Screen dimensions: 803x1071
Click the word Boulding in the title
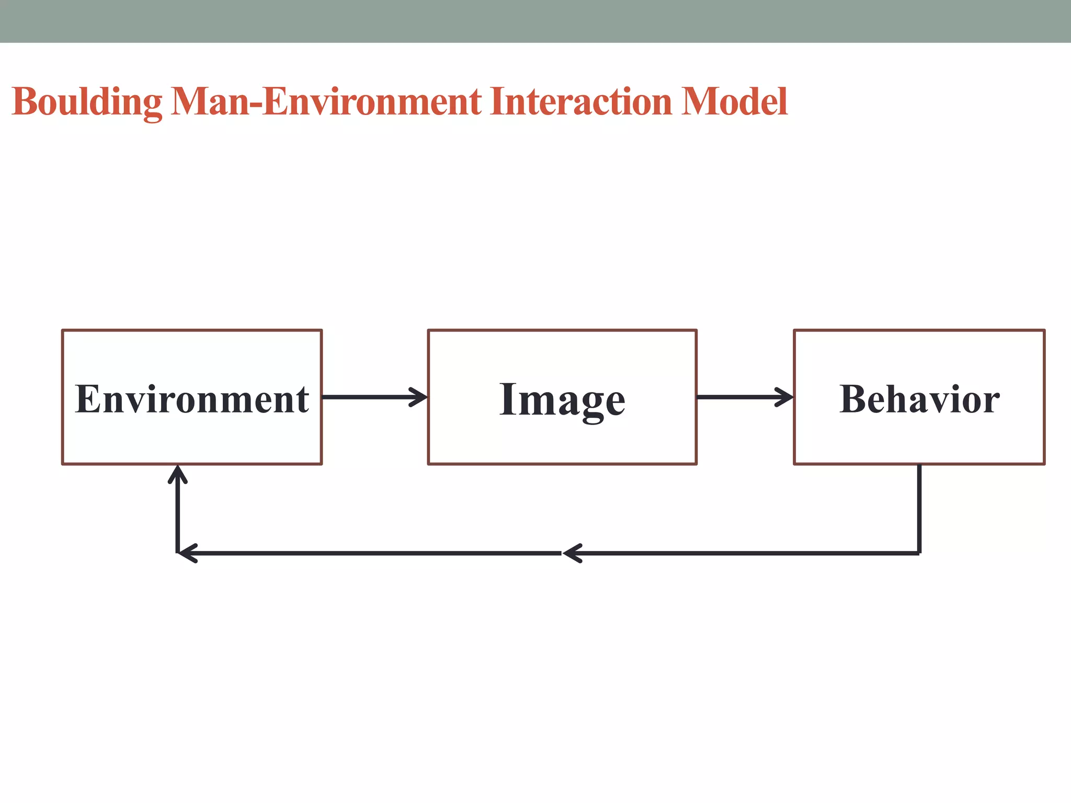coord(87,102)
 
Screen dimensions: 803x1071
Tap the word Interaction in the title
coord(581,102)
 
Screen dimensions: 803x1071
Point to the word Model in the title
coord(734,102)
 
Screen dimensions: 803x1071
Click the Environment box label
coord(192,399)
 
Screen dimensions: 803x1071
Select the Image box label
coord(562,400)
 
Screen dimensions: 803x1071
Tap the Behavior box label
coord(919,399)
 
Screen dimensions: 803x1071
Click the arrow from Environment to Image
coord(374,397)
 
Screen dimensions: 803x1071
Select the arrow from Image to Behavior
coord(745,397)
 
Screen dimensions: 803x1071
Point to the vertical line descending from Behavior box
coord(919,507)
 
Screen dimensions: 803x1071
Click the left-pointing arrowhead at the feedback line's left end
coord(187,553)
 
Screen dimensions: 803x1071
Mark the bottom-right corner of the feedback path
coord(919,553)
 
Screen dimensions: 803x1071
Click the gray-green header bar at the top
coord(535,21)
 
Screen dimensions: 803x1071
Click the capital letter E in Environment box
coord(87,399)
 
